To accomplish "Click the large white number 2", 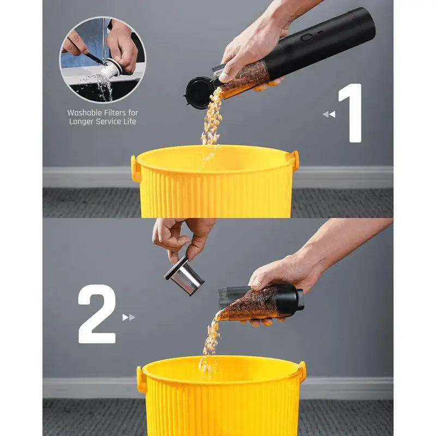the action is (x=97, y=314).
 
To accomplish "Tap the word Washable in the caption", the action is (x=84, y=113).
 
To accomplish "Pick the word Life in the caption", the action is (x=130, y=121).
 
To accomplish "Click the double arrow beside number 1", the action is (x=329, y=114).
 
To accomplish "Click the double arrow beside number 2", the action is (x=129, y=317).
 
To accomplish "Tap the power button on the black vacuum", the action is (x=307, y=37).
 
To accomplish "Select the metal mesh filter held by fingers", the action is (x=184, y=276).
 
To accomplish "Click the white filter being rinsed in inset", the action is (x=111, y=70).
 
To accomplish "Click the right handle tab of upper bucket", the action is (x=295, y=159).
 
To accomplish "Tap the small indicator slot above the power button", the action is (x=320, y=32).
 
